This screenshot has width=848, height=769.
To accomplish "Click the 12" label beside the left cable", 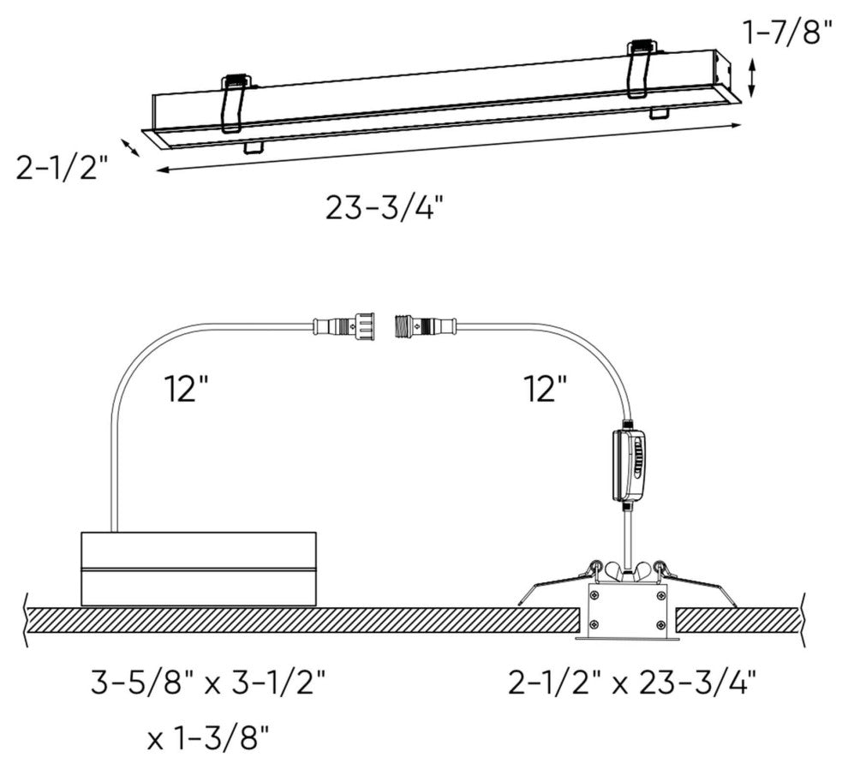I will [x=188, y=390].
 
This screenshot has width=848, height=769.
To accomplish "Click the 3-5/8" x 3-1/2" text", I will [x=209, y=683].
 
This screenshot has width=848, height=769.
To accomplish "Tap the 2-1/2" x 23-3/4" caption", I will [x=631, y=683].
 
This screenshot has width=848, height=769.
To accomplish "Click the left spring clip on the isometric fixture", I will [x=236, y=103].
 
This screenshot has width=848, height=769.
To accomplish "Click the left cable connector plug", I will [x=345, y=326].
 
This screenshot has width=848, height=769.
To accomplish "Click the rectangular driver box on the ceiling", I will [x=198, y=569].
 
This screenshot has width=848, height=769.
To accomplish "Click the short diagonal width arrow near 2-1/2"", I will [x=130, y=147].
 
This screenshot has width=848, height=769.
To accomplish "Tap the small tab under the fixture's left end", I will [x=253, y=146].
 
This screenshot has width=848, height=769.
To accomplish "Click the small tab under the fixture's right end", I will [x=660, y=112].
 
